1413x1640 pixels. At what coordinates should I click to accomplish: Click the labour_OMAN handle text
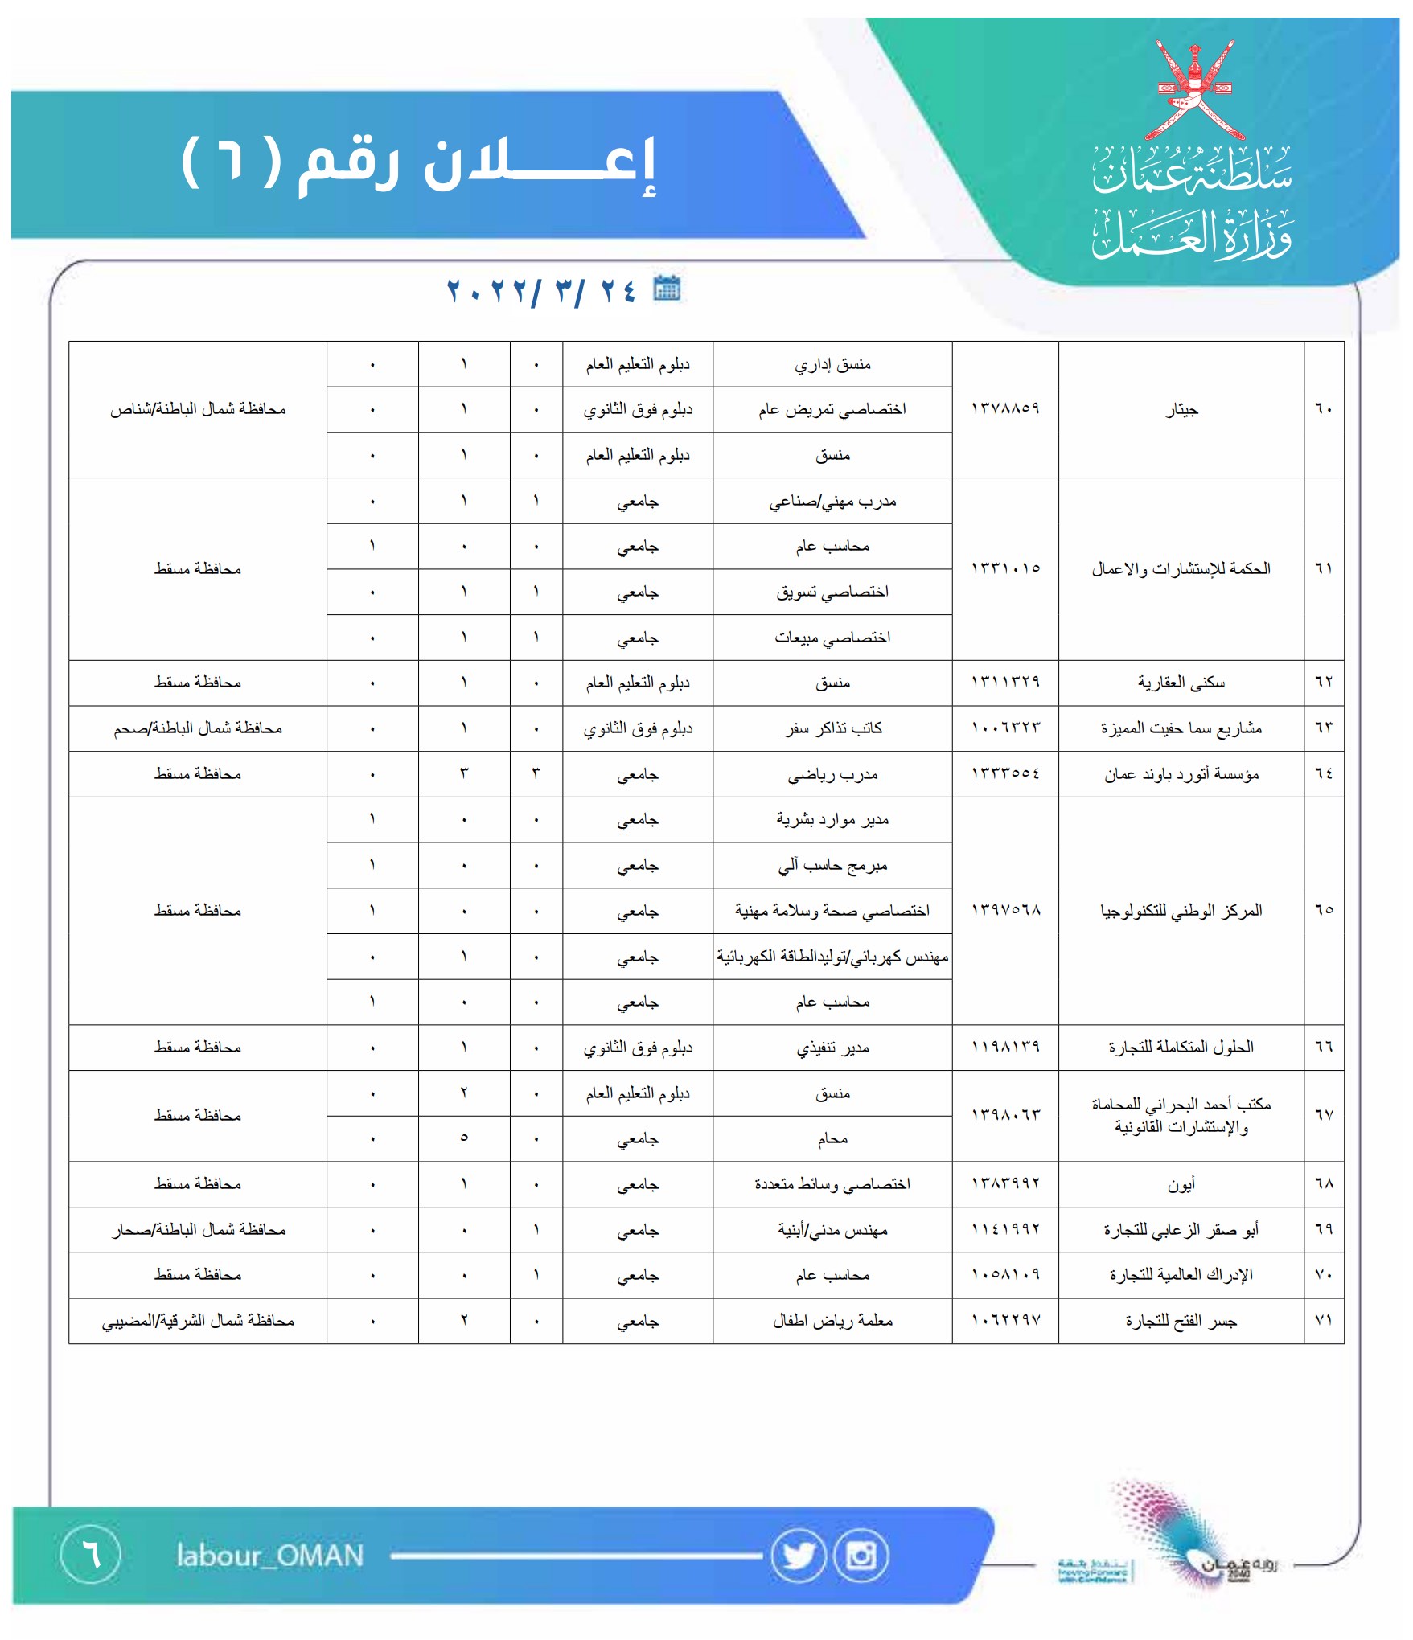tap(270, 1556)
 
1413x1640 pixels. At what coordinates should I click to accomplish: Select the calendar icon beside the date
tap(666, 288)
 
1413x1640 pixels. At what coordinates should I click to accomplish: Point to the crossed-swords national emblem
tap(1193, 88)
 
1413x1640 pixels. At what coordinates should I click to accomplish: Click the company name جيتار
tap(1181, 410)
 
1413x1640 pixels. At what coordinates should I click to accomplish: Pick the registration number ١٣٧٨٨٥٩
tap(1005, 409)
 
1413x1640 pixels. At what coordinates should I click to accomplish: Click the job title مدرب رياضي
tap(832, 775)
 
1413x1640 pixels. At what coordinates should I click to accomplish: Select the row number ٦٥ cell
tap(1324, 910)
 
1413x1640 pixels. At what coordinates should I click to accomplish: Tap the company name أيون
tap(1181, 1184)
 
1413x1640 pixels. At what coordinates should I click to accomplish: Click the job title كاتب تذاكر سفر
tap(832, 728)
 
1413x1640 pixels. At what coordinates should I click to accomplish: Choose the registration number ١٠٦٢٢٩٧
tap(1005, 1320)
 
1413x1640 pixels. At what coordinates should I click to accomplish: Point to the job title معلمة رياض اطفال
tap(832, 1321)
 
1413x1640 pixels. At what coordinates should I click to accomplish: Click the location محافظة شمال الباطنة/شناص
tap(198, 410)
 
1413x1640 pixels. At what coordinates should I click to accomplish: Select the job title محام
tap(832, 1139)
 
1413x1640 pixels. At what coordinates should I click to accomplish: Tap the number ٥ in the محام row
tap(464, 1138)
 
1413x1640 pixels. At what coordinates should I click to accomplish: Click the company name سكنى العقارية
tap(1181, 683)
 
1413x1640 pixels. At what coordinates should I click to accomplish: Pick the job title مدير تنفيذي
tap(832, 1048)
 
